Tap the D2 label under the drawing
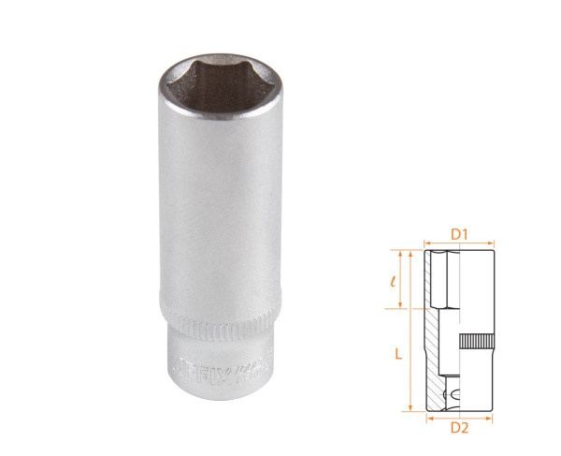tap(458, 430)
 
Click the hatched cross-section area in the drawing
tap(437, 356)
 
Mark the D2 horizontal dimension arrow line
tap(459, 417)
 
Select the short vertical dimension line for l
tap(403, 279)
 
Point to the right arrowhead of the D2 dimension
tap(489, 417)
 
